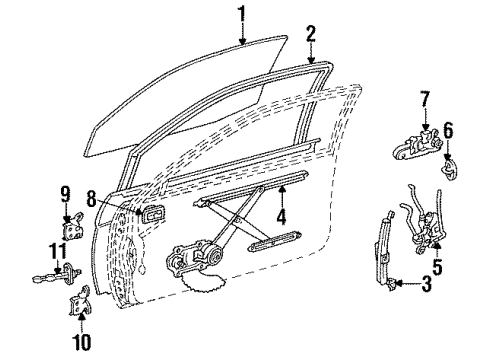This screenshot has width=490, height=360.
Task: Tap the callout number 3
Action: [x=427, y=285]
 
